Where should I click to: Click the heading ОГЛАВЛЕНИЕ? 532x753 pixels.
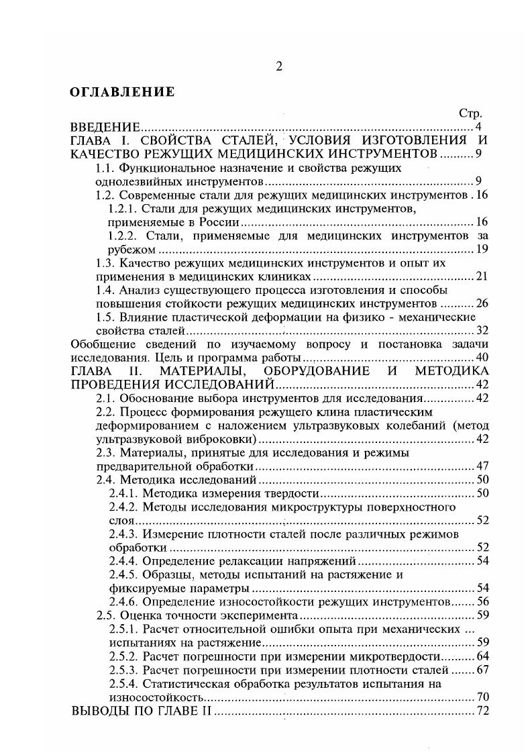click(x=122, y=92)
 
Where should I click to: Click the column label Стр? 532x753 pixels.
click(x=470, y=114)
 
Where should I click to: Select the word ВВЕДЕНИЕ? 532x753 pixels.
click(x=105, y=128)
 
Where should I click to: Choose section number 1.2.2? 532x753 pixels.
click(x=123, y=236)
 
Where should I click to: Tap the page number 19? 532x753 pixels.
click(x=482, y=250)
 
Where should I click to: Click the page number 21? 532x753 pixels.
click(x=482, y=277)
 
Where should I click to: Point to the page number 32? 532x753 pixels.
click(x=482, y=330)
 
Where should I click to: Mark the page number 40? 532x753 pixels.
click(x=482, y=357)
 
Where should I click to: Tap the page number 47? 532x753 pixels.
click(x=482, y=466)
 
